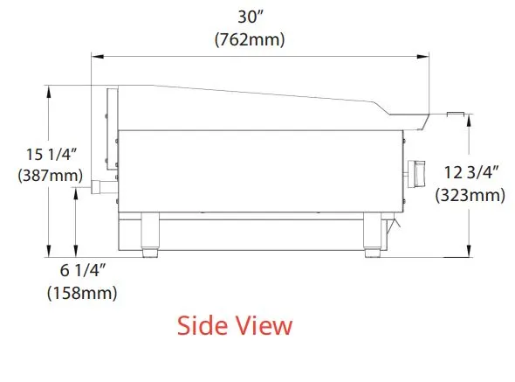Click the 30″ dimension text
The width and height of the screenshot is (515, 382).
click(x=251, y=17)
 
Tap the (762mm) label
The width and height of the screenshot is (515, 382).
click(x=250, y=39)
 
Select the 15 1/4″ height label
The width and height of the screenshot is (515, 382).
click(x=51, y=155)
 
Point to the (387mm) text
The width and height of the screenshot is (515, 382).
click(x=51, y=175)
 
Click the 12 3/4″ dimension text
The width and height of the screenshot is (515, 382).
click(x=471, y=172)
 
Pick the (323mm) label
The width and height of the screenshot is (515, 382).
click(x=470, y=195)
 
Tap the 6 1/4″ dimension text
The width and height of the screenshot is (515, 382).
click(x=83, y=270)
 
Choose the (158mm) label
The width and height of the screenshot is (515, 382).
click(x=82, y=293)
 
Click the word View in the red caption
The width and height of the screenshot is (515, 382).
click(x=264, y=325)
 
